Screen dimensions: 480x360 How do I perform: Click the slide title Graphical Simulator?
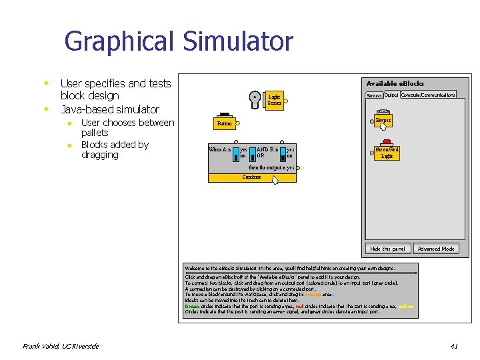178,41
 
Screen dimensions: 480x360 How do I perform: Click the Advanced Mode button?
436,249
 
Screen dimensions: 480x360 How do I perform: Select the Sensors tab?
374,95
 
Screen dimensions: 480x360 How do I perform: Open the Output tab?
391,95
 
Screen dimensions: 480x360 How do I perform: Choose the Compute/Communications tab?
428,95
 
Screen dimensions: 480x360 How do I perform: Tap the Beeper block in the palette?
383,121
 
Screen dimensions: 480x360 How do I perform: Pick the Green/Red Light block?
387,152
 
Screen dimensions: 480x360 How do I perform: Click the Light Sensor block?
275,100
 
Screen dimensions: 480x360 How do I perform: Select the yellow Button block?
224,123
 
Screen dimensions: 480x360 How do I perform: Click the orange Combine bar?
252,177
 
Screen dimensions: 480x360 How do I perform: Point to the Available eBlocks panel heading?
395,83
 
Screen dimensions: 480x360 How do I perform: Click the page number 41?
454,346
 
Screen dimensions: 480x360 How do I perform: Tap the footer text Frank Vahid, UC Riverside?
61,346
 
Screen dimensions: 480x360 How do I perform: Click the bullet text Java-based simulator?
110,109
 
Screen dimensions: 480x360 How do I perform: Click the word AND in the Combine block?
263,149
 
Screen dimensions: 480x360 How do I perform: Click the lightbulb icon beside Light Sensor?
255,99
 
